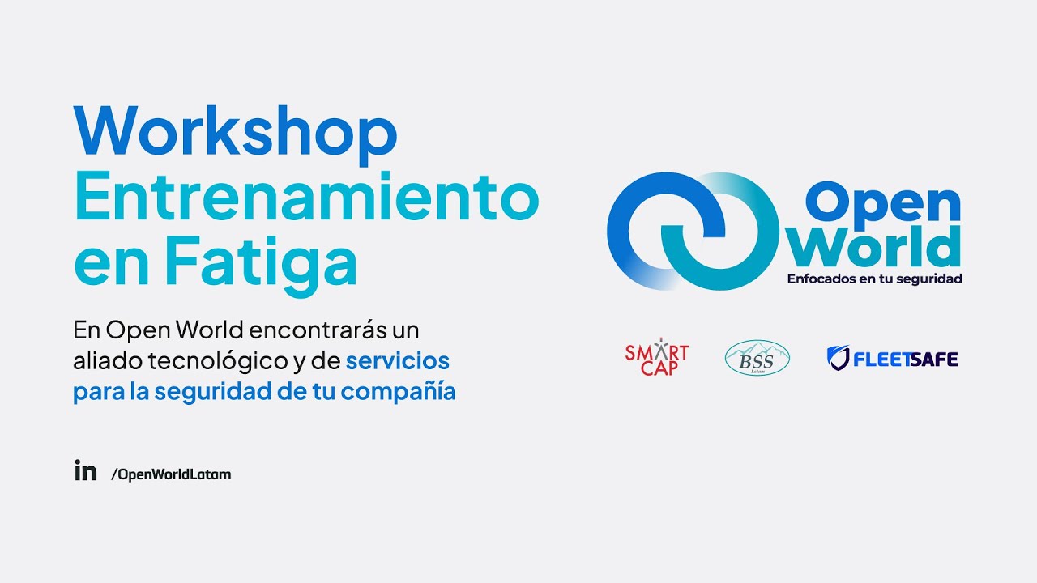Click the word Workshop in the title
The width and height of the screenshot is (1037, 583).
[x=235, y=131]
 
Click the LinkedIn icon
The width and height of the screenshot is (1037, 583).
[x=85, y=471]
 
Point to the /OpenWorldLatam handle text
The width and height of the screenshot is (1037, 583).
[x=171, y=474]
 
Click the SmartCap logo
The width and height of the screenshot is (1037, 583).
[x=656, y=357]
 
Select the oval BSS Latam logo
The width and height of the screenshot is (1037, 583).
[x=757, y=358]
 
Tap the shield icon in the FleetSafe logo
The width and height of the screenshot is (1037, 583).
[x=838, y=358]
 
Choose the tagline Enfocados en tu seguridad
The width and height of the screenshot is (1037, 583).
[x=874, y=279]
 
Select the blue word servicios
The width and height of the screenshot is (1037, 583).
[x=397, y=360]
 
